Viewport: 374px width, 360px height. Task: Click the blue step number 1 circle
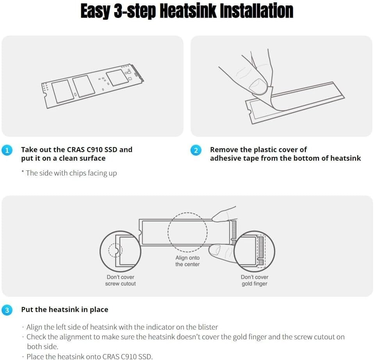click(x=7, y=150)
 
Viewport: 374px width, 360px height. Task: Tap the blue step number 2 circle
click(x=196, y=150)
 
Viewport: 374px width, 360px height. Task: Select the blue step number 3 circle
click(x=7, y=310)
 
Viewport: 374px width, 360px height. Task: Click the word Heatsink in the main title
click(x=188, y=11)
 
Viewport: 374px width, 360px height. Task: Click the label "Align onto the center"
click(x=187, y=261)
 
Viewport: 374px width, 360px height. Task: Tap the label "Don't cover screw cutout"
click(x=121, y=280)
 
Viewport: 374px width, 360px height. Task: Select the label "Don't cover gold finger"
click(x=255, y=280)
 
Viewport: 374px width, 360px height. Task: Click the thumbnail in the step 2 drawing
click(x=258, y=86)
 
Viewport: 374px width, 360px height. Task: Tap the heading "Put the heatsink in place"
click(x=65, y=309)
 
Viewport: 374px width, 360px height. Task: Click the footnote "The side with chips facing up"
click(x=69, y=173)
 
